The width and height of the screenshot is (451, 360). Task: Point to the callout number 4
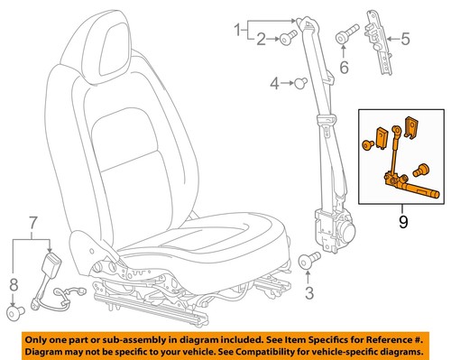(x=273, y=86)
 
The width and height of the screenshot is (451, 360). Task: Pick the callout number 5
(x=405, y=39)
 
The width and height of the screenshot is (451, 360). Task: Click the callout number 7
(x=33, y=222)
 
